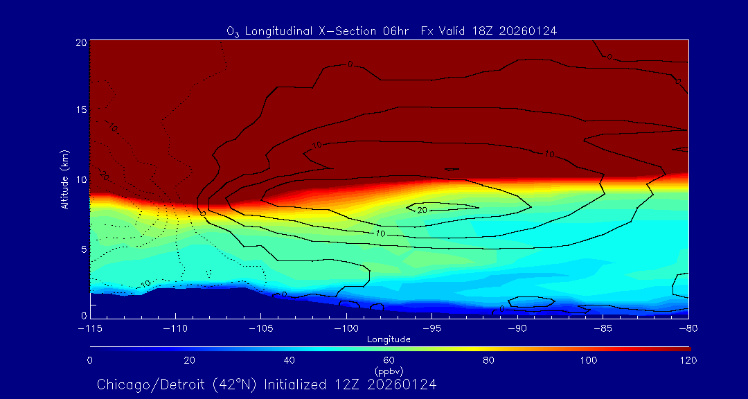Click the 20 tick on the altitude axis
click(80, 42)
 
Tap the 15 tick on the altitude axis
click(80, 110)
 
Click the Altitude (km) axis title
click(65, 179)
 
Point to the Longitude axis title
click(389, 339)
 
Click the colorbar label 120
click(688, 360)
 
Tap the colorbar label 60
click(389, 360)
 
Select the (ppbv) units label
click(389, 371)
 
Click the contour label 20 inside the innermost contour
click(421, 210)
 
